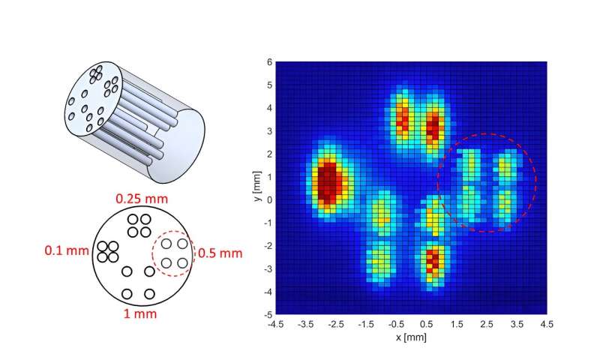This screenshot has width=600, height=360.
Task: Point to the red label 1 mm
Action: click(141, 313)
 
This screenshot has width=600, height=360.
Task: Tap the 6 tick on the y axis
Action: click(268, 62)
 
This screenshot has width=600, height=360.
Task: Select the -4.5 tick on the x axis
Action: click(275, 323)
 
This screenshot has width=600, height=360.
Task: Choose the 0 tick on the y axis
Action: click(268, 199)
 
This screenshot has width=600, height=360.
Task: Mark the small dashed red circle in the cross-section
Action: click(173, 253)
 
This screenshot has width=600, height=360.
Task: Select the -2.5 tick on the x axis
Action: click(335, 323)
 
